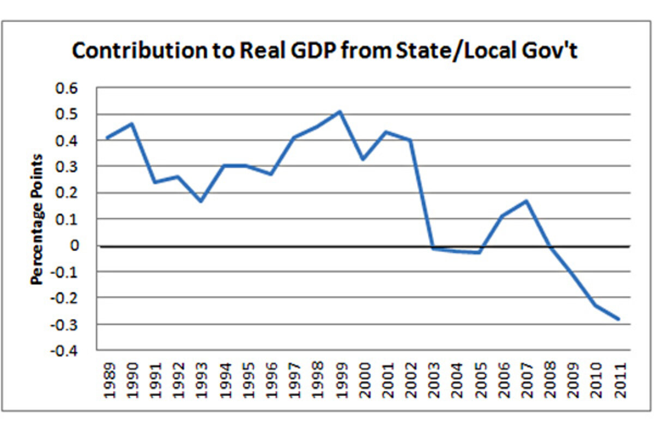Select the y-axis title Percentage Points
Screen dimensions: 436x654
tap(37, 220)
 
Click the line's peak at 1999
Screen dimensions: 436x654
tap(340, 112)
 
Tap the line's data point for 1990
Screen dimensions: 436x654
tap(131, 124)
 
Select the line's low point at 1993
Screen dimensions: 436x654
tap(201, 201)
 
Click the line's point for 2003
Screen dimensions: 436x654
tap(432, 249)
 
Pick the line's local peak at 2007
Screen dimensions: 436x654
tap(526, 201)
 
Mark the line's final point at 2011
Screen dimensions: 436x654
tap(619, 319)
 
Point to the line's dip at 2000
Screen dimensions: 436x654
tap(363, 159)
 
